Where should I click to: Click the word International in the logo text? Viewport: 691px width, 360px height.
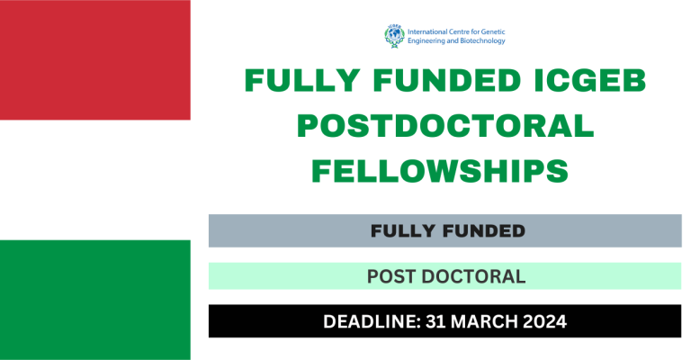(x=434, y=30)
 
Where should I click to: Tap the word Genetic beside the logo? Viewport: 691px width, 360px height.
(x=490, y=30)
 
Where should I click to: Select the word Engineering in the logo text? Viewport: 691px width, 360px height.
(x=429, y=40)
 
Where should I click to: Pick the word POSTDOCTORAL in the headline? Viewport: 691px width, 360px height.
(x=445, y=128)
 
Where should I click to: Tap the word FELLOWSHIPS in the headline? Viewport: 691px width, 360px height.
(x=445, y=170)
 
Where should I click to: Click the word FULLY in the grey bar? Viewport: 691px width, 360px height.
(x=400, y=231)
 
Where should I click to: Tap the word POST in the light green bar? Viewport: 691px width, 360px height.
(x=390, y=276)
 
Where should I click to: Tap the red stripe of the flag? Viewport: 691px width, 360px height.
(x=94, y=59)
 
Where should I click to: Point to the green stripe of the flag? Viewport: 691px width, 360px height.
(x=94, y=300)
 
